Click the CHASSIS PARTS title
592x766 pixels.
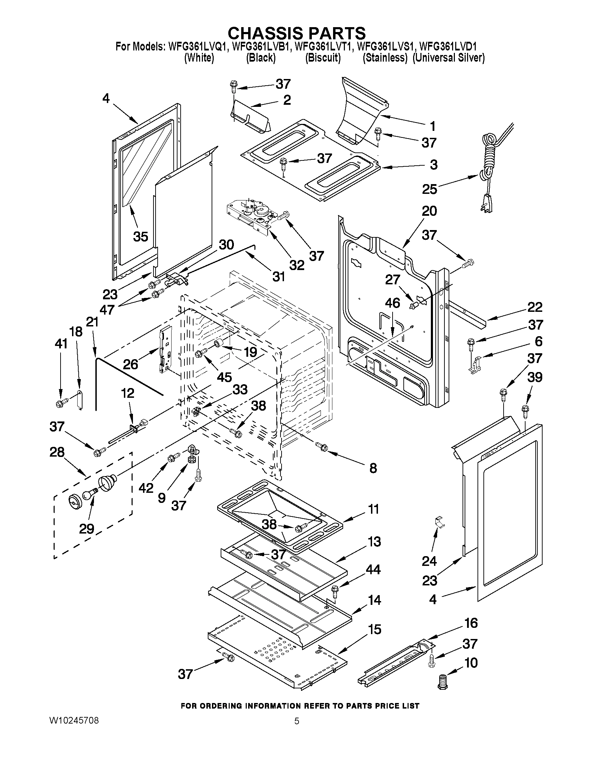[297, 33]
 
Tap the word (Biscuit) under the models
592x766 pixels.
[323, 58]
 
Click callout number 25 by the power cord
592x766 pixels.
[429, 189]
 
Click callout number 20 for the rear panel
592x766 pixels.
[429, 211]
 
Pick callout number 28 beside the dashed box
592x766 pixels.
[57, 452]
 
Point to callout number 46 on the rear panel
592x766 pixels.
[392, 303]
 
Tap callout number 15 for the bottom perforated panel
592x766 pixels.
[374, 629]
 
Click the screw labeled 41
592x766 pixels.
[61, 403]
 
